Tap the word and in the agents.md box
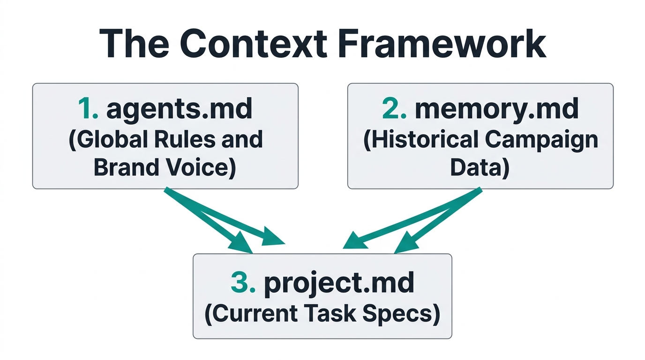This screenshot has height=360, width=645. click(242, 140)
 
